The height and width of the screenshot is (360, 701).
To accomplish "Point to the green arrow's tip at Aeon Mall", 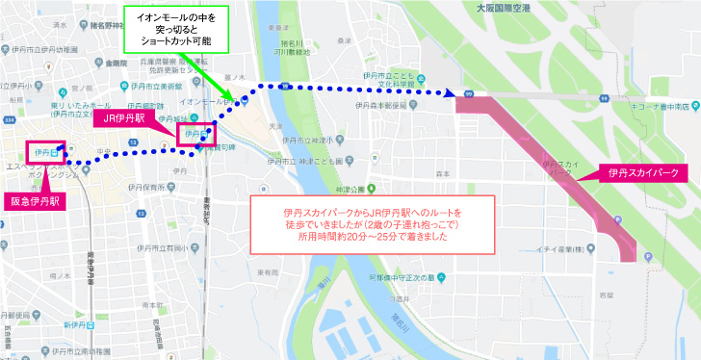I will click(232, 99).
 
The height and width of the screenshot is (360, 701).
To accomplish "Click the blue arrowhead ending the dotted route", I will click(451, 93).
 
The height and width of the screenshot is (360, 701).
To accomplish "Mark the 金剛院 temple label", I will click(119, 64).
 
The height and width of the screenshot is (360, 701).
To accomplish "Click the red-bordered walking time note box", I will click(371, 225).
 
